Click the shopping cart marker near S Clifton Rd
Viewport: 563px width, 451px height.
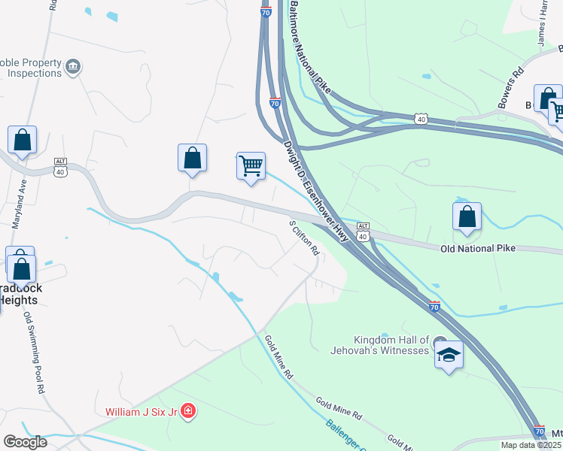[x=251, y=165]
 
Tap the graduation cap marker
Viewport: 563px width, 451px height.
[x=449, y=355]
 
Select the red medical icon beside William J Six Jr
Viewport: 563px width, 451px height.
[x=187, y=411]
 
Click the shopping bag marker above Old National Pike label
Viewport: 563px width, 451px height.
[x=467, y=217]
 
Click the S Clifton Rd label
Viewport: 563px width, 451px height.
[x=305, y=238]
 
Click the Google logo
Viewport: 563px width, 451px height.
[x=25, y=442]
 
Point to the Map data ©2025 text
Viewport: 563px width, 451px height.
[x=531, y=445]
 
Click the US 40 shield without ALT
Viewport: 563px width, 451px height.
[x=421, y=119]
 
